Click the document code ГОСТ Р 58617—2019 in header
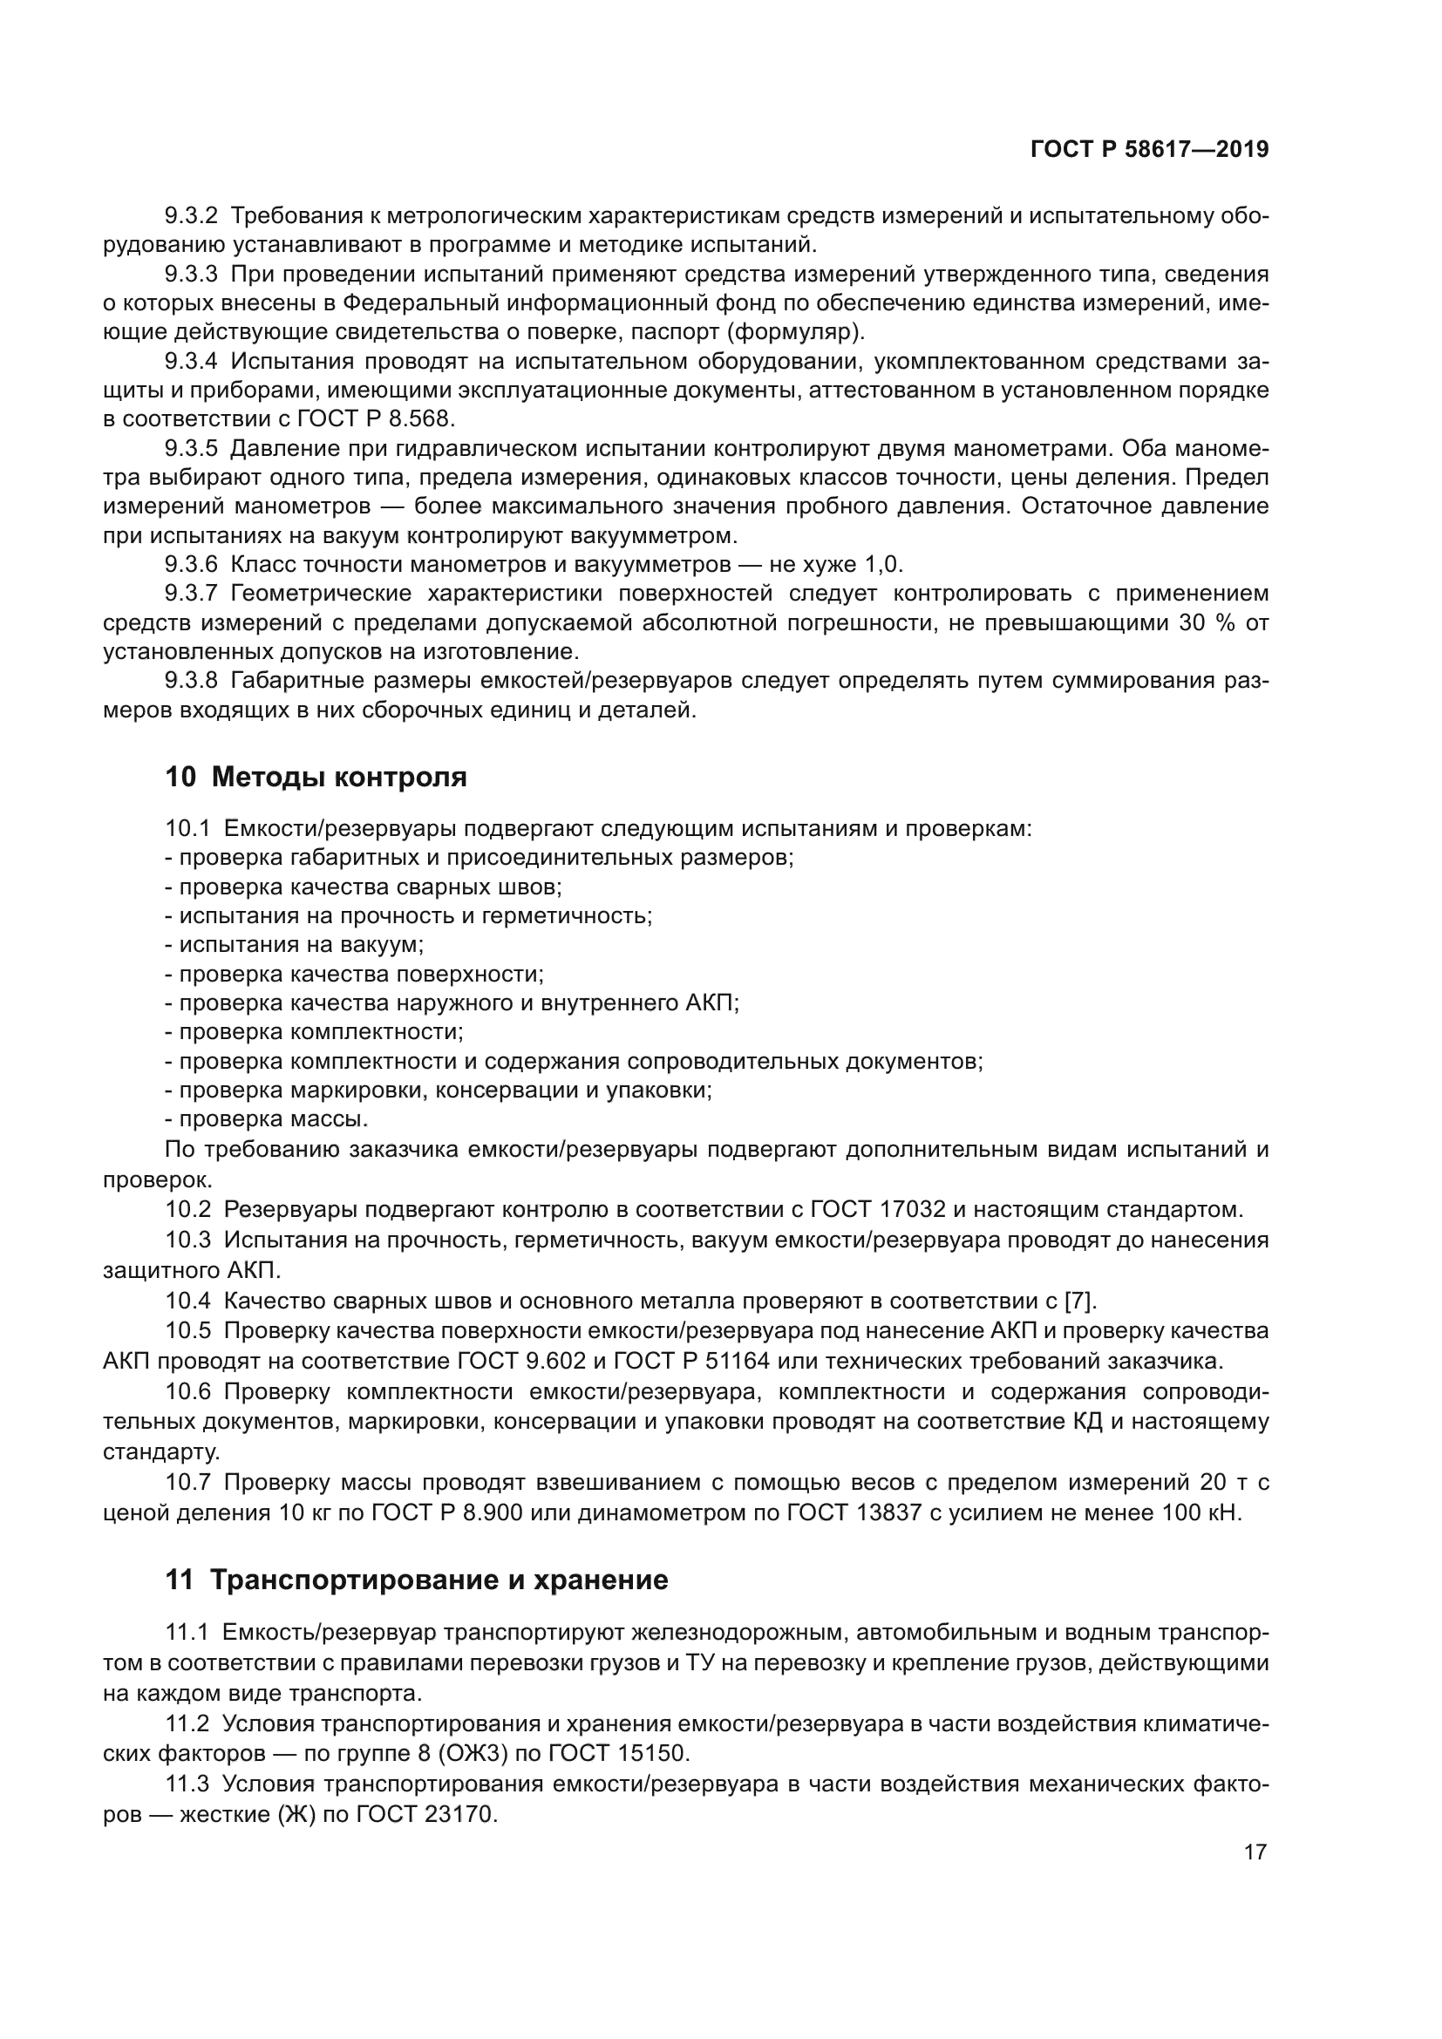pyautogui.click(x=1149, y=150)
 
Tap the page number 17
pyautogui.click(x=1255, y=1852)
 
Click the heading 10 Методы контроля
pyautogui.click(x=316, y=777)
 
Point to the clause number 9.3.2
pyautogui.click(x=191, y=216)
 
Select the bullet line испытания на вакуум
pyautogui.click(x=294, y=945)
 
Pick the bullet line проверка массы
pyautogui.click(x=267, y=1119)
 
